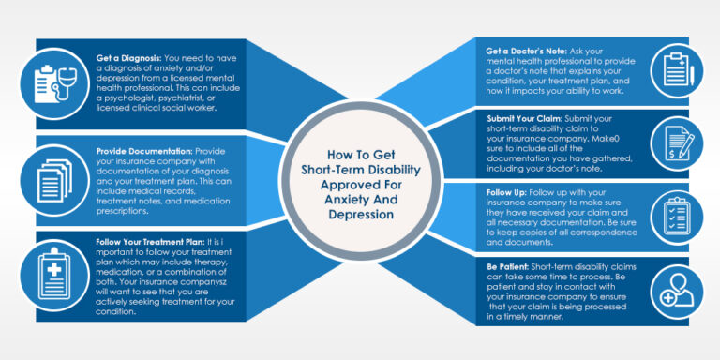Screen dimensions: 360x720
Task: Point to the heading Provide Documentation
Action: pos(141,150)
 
